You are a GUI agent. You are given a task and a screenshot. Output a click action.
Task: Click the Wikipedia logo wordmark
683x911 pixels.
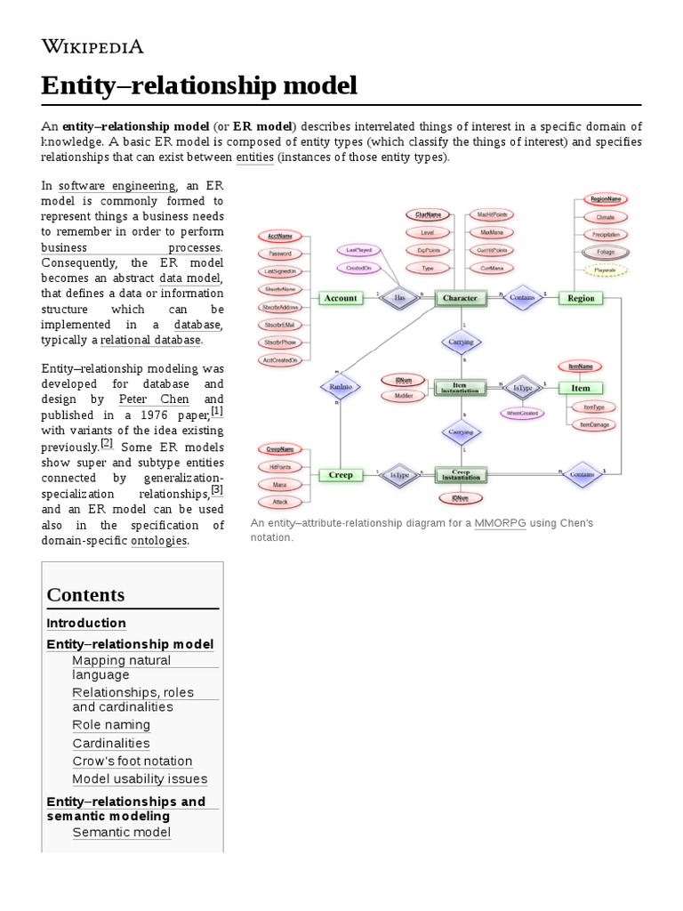tap(92, 47)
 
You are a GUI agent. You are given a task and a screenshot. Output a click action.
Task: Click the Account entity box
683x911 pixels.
tap(341, 298)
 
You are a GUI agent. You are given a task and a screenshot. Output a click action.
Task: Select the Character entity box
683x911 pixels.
tap(460, 298)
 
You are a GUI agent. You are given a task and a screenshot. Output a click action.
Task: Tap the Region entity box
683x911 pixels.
tap(581, 298)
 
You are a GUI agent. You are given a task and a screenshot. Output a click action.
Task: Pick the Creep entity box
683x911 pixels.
tap(341, 475)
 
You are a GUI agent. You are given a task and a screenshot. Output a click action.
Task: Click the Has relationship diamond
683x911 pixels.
tap(400, 298)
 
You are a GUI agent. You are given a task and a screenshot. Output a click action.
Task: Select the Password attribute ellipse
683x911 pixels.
tap(280, 254)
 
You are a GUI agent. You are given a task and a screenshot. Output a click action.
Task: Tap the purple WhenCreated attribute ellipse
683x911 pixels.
tap(522, 413)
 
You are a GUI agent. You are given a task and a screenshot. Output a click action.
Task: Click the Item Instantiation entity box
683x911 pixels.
tap(460, 387)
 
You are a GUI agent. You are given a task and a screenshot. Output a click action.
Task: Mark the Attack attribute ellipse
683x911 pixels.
tap(280, 501)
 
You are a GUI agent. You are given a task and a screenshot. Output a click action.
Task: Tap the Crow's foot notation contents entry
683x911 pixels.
tap(132, 762)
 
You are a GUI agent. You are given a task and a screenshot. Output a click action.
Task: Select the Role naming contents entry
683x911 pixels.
tap(111, 725)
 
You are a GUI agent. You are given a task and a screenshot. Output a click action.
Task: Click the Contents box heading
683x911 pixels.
tap(85, 594)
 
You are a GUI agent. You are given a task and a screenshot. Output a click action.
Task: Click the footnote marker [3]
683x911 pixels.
tap(217, 489)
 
